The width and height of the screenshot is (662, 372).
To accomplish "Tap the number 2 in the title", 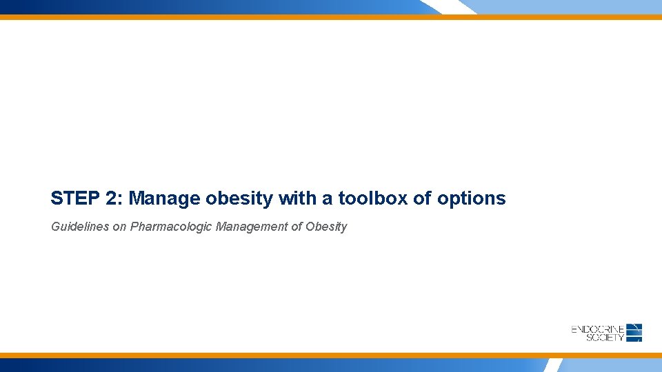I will pyautogui.click(x=111, y=199).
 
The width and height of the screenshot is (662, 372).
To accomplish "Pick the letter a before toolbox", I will pyautogui.click(x=326, y=199).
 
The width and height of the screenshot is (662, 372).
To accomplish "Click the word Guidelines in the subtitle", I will pyautogui.click(x=79, y=227).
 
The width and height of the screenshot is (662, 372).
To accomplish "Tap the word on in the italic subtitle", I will pyautogui.click(x=119, y=227).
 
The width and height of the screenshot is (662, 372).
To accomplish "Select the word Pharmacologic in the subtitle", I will pyautogui.click(x=171, y=227).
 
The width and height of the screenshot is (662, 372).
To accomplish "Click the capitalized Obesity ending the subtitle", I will pyautogui.click(x=326, y=227).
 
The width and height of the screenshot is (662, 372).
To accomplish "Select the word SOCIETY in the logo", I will pyautogui.click(x=605, y=338).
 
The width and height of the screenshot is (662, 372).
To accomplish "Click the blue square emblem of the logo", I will pyautogui.click(x=635, y=333).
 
